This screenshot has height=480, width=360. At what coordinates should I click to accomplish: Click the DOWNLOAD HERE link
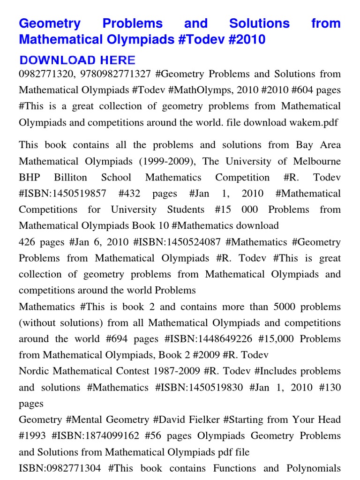[x=77, y=60]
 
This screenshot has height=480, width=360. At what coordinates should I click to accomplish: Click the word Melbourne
[x=315, y=161]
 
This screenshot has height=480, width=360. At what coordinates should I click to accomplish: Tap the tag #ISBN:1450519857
[x=62, y=194]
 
